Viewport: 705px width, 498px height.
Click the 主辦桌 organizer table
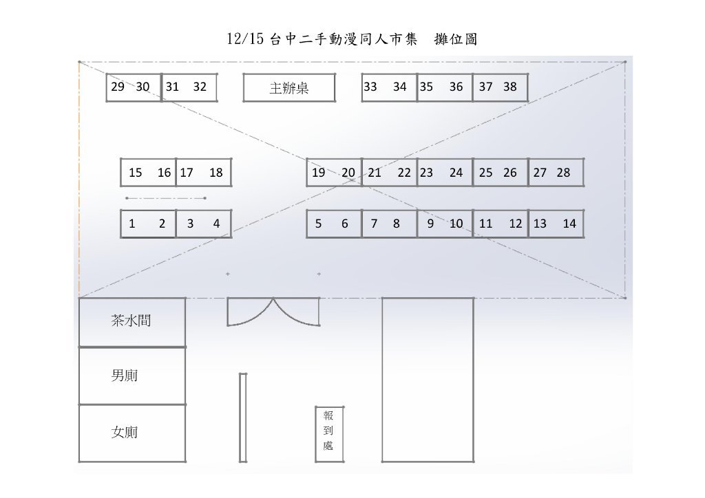(289, 87)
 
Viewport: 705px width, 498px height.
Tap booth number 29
(118, 87)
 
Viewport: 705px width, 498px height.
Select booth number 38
(510, 87)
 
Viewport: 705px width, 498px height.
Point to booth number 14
(569, 224)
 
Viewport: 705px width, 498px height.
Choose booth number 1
(131, 224)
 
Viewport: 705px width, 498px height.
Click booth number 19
(318, 173)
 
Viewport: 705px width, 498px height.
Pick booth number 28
(563, 173)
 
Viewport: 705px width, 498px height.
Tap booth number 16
(164, 173)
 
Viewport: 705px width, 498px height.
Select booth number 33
(370, 87)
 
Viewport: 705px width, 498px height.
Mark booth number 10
(456, 224)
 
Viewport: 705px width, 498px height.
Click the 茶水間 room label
(131, 320)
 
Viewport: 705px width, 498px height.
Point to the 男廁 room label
(124, 375)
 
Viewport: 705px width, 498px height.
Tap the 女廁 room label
(124, 432)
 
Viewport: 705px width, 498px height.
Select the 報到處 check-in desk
(329, 434)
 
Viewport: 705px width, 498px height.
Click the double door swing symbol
(273, 312)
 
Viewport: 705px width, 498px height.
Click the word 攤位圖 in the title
(456, 39)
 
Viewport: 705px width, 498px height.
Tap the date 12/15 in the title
(245, 39)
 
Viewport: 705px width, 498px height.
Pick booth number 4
(216, 224)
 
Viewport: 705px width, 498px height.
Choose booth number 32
(200, 87)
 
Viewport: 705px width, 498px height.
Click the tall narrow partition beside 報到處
(243, 417)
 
